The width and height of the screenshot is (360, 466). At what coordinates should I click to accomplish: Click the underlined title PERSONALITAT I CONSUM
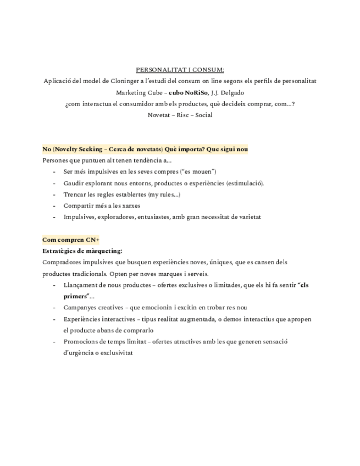point(180,70)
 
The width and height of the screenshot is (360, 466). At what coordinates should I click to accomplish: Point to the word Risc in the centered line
point(180,115)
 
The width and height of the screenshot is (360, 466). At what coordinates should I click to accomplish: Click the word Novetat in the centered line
point(158,115)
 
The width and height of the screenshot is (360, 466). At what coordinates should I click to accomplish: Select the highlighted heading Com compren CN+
point(71,240)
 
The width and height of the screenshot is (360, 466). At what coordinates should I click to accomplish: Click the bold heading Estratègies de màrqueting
point(82,251)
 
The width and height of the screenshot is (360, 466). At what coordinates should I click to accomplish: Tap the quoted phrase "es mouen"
point(198,172)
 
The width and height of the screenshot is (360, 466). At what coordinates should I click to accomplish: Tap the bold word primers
point(76,296)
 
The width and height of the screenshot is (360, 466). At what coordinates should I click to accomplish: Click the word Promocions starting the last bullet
point(81,341)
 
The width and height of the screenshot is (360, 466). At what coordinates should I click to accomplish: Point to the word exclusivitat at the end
point(115,353)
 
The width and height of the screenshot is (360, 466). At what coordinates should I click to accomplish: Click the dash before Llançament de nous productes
point(54,285)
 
